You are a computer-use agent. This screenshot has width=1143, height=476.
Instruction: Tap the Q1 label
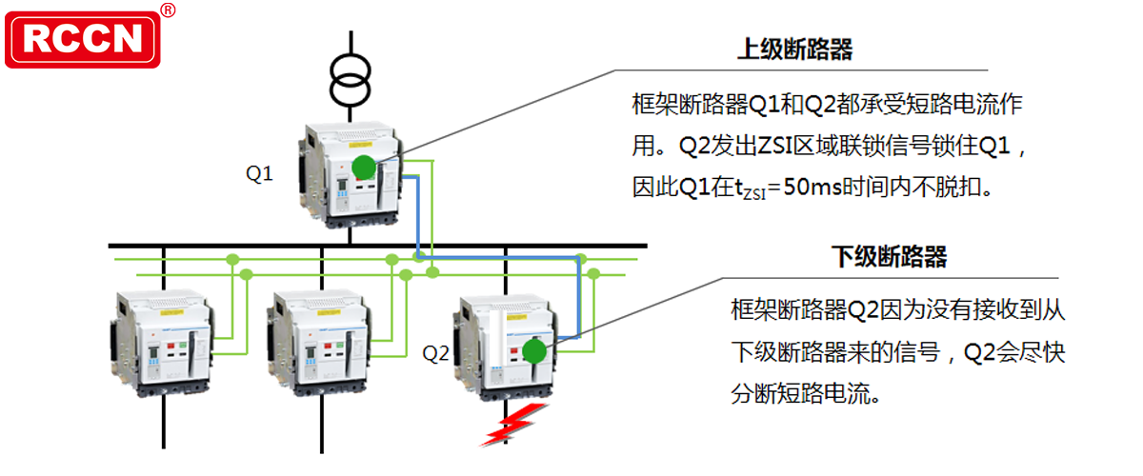click(259, 174)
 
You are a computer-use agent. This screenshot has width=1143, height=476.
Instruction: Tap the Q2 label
click(435, 353)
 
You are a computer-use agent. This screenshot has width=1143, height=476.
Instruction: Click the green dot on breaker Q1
click(364, 168)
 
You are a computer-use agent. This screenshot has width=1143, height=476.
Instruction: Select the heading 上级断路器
click(794, 50)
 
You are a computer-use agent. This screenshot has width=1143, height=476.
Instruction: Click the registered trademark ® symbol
click(168, 10)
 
